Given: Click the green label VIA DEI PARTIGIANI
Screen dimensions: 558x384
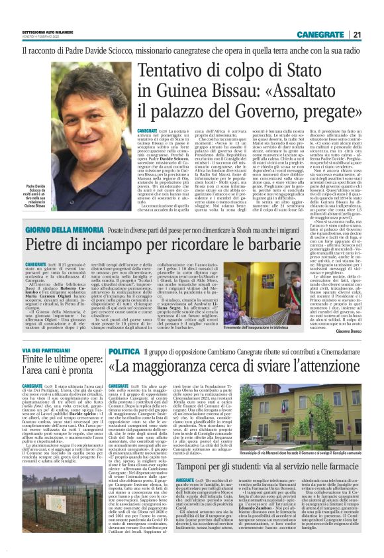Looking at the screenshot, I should [48, 351].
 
